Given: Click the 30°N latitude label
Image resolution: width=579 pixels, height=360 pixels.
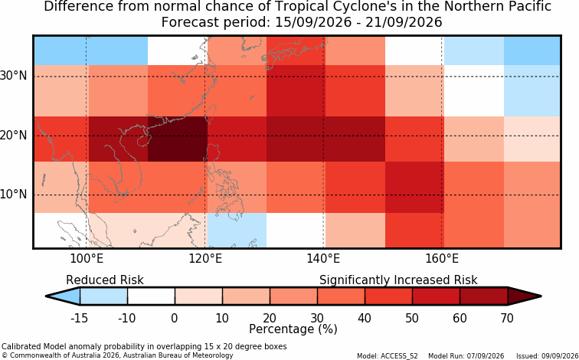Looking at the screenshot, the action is (x=14, y=76).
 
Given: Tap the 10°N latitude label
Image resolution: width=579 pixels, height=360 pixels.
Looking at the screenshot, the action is (x=14, y=195).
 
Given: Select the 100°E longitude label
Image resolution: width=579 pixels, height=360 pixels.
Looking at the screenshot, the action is (x=87, y=259).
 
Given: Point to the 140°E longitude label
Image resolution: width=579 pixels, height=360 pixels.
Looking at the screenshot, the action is (x=323, y=259).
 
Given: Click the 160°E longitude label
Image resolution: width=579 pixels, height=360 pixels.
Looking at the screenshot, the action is (x=442, y=259).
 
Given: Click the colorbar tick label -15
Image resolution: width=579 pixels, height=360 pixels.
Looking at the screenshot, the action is (x=80, y=318).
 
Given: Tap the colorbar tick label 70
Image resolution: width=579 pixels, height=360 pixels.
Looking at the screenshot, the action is (x=507, y=318).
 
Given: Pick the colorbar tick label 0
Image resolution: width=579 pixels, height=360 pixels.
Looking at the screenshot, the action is (x=175, y=318).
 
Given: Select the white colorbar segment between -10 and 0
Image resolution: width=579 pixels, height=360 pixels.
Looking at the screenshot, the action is (x=151, y=296).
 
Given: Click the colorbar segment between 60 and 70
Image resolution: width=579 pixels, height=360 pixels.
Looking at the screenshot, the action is (x=484, y=296).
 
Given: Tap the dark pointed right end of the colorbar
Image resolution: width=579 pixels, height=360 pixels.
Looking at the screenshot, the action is (x=524, y=296).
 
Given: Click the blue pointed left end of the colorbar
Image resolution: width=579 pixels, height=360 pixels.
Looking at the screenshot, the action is (x=63, y=296).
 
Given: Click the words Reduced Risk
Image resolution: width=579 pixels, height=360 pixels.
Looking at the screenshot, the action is (x=105, y=280).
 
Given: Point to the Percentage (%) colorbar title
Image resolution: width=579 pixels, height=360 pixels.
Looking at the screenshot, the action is (x=293, y=329).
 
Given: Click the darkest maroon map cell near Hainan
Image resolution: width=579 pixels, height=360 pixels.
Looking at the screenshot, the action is (x=178, y=139).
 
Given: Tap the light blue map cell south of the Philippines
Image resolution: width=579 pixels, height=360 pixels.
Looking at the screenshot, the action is (x=237, y=230).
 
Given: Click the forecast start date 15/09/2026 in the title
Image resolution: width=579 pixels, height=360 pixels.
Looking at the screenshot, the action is (x=313, y=22).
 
